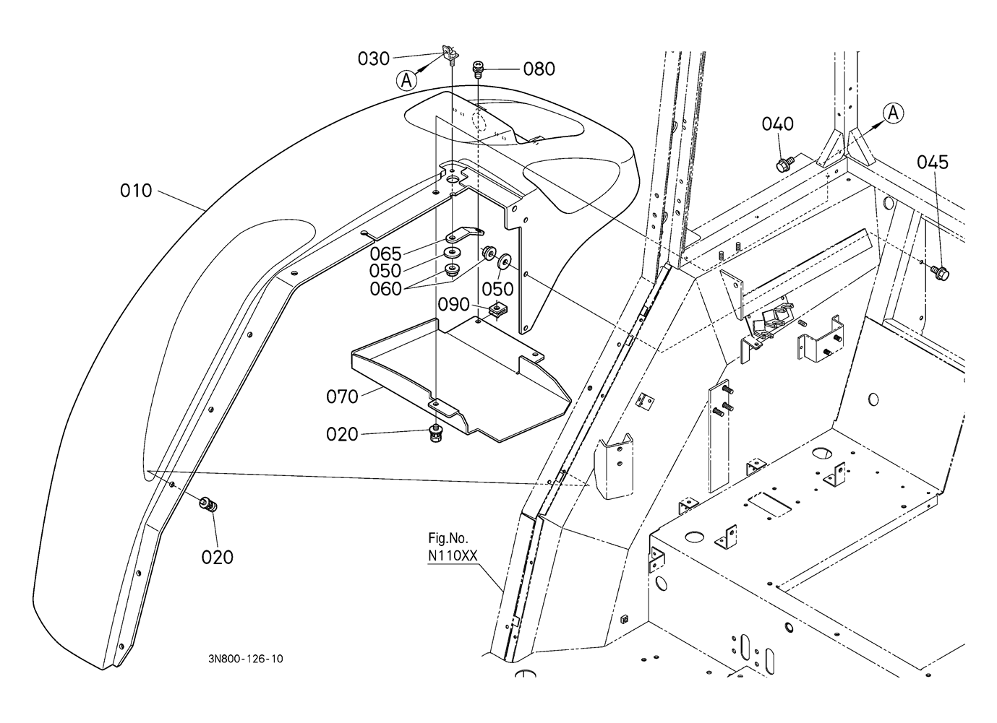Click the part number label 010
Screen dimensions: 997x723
(136, 191)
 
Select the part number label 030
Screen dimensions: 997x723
(374, 59)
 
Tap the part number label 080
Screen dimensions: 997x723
(539, 69)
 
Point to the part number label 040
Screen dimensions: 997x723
(777, 124)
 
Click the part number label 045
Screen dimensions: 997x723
(933, 163)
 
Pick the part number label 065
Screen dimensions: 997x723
(385, 254)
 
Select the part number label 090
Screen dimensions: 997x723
(453, 305)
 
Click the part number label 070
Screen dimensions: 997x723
(342, 397)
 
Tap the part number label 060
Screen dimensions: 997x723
(385, 289)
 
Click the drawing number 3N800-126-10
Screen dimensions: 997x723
(245, 659)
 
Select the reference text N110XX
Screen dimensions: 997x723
(453, 556)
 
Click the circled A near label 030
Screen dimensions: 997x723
(406, 80)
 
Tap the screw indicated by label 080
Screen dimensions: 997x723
(478, 70)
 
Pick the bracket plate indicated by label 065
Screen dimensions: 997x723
(465, 234)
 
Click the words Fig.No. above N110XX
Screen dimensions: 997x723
(448, 539)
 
